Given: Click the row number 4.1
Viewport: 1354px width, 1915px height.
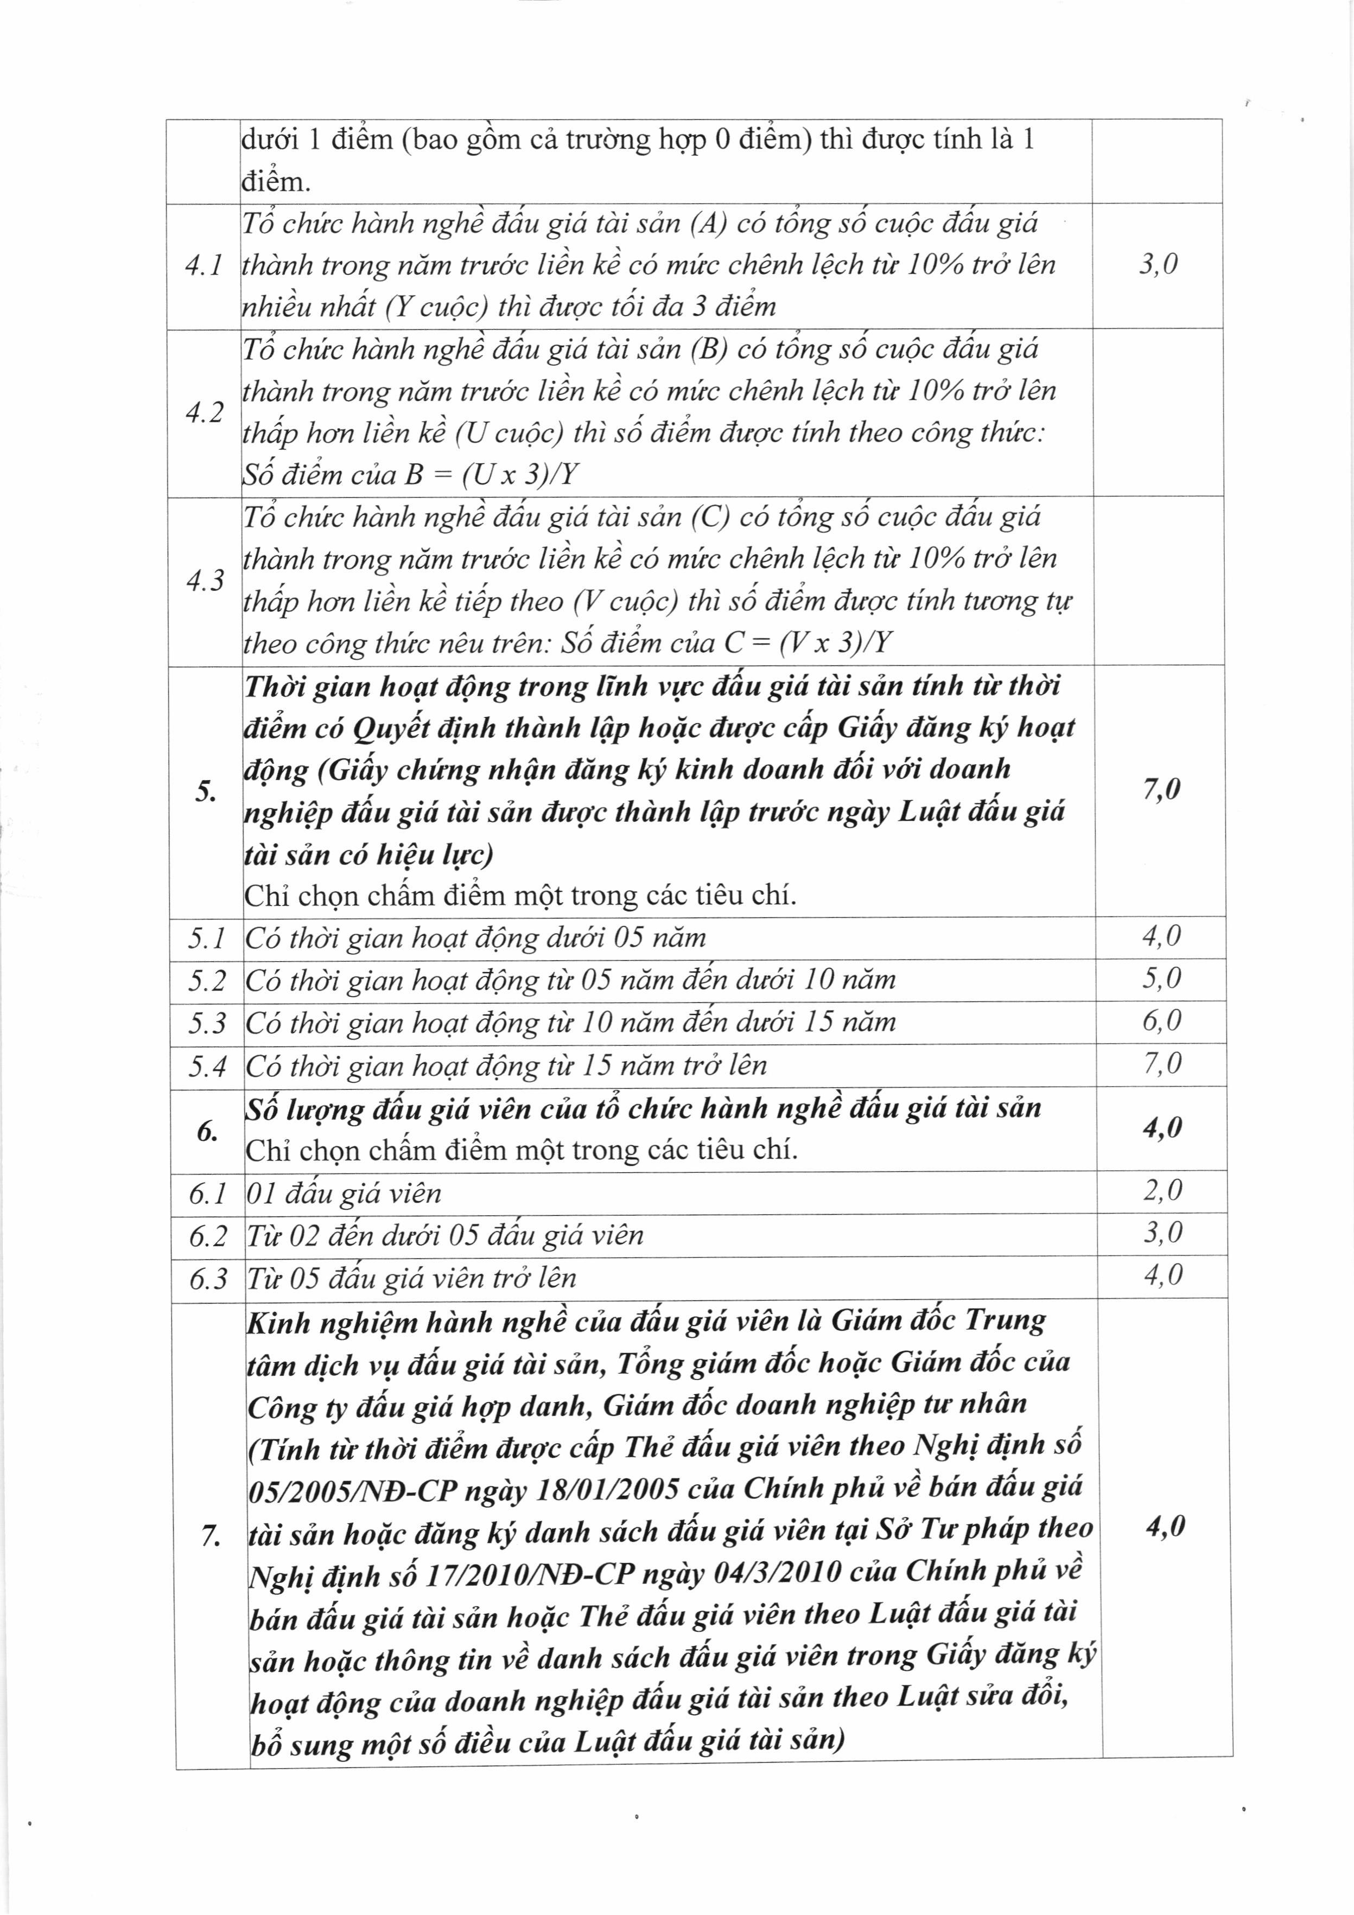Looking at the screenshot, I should click(204, 266).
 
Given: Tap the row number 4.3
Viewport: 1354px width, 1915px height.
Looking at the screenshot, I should click(205, 580).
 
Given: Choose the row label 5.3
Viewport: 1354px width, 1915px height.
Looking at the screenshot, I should click(207, 1023).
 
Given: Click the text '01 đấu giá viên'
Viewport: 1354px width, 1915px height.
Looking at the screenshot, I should click(344, 1193).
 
